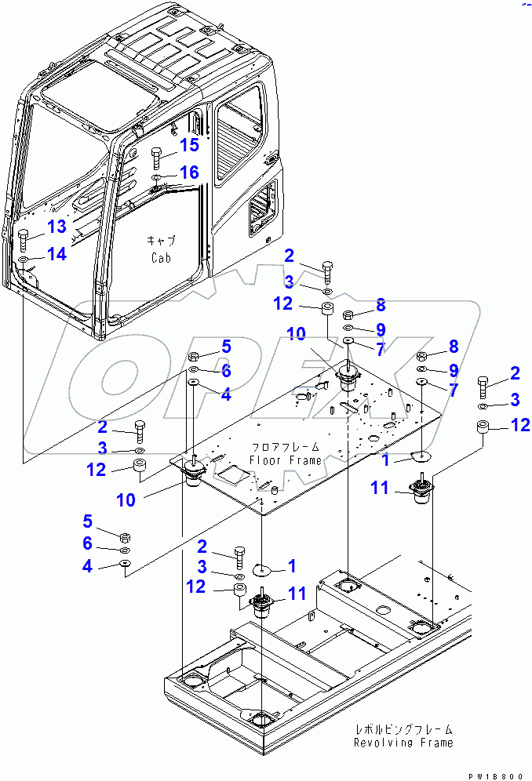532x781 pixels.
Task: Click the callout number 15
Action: point(189,145)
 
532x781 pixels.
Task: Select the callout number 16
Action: point(189,172)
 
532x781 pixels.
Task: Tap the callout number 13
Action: point(57,227)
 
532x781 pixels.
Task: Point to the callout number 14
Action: point(57,254)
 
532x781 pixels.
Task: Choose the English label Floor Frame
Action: point(285,460)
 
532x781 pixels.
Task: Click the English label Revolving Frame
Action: point(403,743)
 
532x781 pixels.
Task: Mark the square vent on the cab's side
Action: point(261,207)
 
